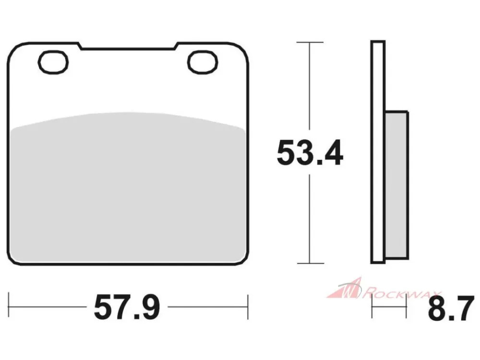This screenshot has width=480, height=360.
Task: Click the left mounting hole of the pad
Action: coord(53,62)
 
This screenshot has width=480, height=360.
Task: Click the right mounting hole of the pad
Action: coord(203,62)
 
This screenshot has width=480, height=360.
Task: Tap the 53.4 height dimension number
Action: coord(310,153)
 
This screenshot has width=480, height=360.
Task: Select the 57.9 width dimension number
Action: coord(127,307)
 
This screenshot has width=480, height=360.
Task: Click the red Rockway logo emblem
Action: coord(344,288)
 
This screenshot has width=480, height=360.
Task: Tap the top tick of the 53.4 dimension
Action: coord(310,42)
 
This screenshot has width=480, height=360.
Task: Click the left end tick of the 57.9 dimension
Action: coord(9,305)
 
